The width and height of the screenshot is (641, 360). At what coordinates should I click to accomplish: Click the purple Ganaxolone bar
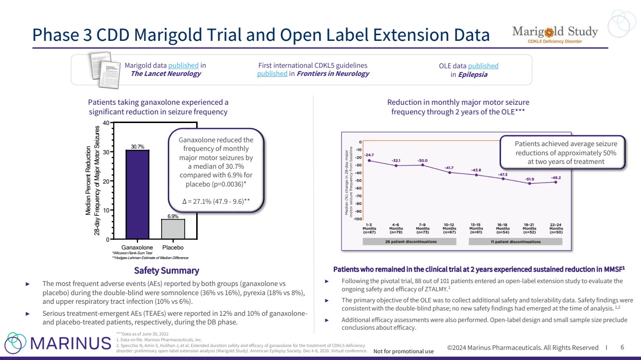point(138,194)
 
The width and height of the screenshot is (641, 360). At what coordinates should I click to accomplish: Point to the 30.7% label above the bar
point(138,146)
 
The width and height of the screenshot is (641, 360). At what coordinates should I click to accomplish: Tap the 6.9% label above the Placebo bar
point(173,216)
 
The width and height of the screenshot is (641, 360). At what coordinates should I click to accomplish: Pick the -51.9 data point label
point(529,178)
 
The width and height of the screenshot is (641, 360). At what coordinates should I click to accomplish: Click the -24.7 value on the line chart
point(369,155)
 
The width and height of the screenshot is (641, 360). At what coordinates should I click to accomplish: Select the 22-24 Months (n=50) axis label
point(556,228)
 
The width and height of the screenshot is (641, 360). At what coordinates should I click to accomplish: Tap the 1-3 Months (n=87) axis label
point(369,228)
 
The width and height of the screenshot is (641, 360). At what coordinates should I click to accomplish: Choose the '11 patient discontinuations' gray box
point(515,241)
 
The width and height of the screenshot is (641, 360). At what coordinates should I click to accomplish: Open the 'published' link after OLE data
point(483,66)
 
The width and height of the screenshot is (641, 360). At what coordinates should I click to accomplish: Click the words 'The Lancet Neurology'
point(166,74)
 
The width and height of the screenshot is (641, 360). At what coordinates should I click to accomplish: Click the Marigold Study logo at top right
point(554,35)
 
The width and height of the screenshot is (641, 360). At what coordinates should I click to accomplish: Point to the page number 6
point(622,348)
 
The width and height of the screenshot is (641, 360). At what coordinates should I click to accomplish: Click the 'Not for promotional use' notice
point(403,351)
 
